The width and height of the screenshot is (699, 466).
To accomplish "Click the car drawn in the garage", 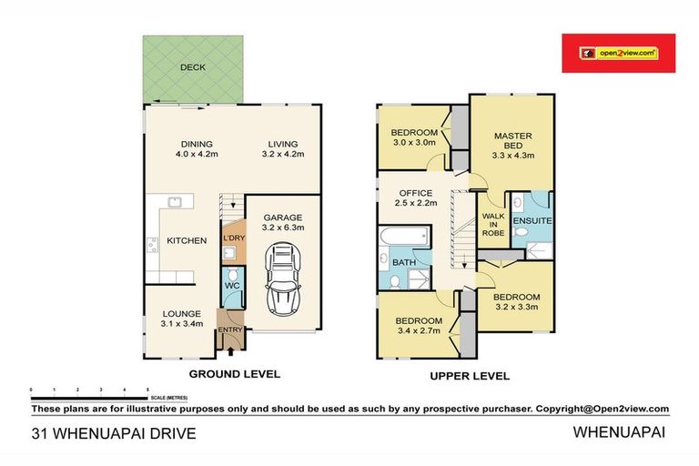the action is click(x=283, y=279).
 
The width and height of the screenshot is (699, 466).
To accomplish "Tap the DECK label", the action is click(x=193, y=67).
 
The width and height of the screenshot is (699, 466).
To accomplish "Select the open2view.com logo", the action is click(x=618, y=53).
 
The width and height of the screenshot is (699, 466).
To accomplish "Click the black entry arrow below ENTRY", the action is click(x=230, y=351).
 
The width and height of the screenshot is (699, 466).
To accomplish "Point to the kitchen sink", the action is click(x=175, y=202).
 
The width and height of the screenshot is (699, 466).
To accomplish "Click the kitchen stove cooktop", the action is click(x=153, y=245).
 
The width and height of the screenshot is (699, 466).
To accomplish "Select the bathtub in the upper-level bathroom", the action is click(x=404, y=236).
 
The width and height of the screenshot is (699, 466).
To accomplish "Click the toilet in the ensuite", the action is click(x=520, y=232).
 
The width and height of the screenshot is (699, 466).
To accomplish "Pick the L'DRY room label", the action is click(x=234, y=238).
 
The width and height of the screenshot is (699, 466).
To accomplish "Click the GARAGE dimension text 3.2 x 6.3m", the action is click(x=283, y=228).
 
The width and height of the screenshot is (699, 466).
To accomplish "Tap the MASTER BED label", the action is click(x=513, y=140).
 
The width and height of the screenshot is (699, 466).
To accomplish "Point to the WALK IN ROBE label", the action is click(x=493, y=224).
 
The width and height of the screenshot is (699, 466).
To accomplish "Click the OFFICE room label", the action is click(x=416, y=193).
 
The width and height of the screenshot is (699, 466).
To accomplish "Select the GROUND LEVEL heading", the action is click(x=235, y=374).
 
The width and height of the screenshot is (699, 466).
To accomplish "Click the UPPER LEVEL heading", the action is click(x=470, y=376).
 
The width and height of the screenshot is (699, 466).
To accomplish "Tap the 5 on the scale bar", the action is click(x=147, y=390).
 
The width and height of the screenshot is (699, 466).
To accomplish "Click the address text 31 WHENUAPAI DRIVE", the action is click(x=114, y=433).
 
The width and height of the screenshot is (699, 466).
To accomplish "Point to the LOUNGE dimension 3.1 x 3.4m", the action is click(x=182, y=324).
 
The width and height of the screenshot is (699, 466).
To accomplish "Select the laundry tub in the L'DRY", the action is click(x=228, y=253).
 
